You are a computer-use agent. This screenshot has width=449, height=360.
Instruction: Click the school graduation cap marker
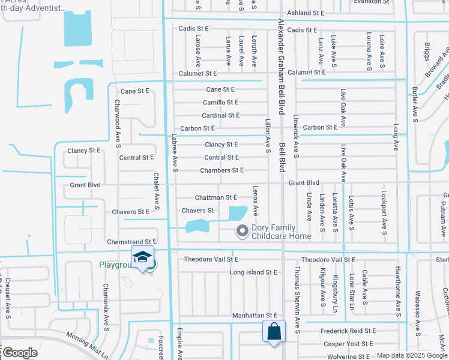pyautogui.click(x=142, y=257)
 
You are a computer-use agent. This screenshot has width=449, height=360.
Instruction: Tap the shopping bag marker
pyautogui.click(x=274, y=331)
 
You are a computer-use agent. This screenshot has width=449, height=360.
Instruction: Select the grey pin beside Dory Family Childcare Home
pyautogui.click(x=243, y=230)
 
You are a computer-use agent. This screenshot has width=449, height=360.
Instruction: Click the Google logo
pyautogui.click(x=20, y=353)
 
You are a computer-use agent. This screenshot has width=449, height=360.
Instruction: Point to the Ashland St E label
pyautogui.click(x=306, y=13)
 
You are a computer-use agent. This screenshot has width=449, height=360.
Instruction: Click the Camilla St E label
pyautogui.click(x=221, y=103)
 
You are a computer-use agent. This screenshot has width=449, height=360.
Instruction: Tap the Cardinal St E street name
pyautogui.click(x=220, y=115)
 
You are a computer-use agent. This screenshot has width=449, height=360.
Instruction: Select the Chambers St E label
pyautogui.click(x=222, y=170)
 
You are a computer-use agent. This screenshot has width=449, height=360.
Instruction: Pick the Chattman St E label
pyautogui.click(x=216, y=197)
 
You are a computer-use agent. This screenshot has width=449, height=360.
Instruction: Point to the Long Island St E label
pyautogui.click(x=253, y=272)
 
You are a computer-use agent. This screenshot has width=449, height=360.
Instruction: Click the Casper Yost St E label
pyautogui.click(x=349, y=344)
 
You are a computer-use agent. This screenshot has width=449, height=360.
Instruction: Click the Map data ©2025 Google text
pyautogui.click(x=411, y=355)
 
